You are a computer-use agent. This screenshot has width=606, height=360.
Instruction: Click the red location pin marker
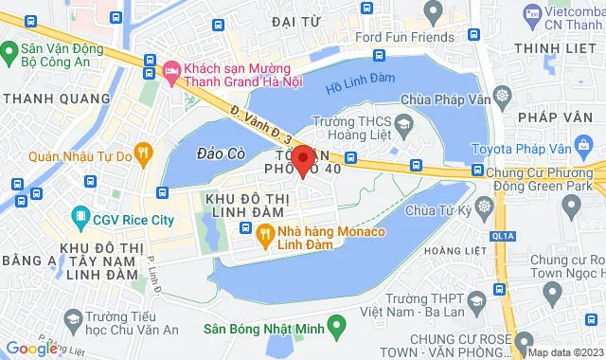click(302, 160)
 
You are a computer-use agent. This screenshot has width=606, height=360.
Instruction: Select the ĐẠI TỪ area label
click(296, 22)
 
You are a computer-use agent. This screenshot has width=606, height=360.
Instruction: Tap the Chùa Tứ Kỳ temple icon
click(485, 207)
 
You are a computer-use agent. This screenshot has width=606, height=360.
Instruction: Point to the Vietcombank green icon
click(531, 15)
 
